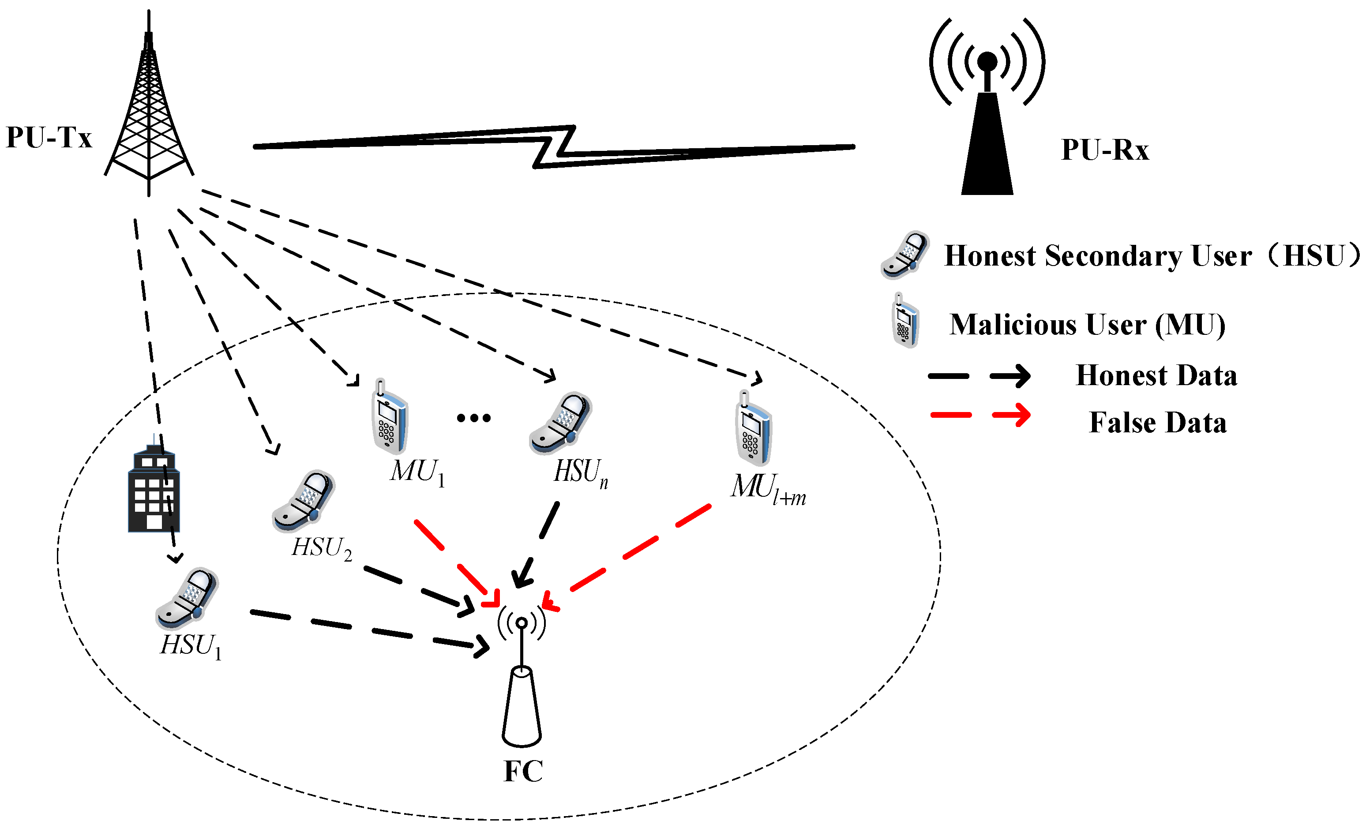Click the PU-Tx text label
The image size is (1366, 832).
pos(49,138)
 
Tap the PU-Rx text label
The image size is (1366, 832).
pos(1104,150)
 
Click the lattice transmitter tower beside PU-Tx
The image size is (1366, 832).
pos(149,111)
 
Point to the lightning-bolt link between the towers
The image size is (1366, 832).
pos(554,147)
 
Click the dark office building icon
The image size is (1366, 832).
pos(154,491)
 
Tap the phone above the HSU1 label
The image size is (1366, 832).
pos(188,599)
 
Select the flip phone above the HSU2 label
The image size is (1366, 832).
pos(304,502)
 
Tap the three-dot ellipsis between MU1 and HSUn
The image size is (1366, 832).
pos(473,418)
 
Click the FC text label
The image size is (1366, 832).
pos(523,771)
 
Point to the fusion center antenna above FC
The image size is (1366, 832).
pos(522,682)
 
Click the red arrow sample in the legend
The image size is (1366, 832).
pos(980,415)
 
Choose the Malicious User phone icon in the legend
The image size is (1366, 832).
pos(905,322)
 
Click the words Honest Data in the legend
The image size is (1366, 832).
pos(1156,375)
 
